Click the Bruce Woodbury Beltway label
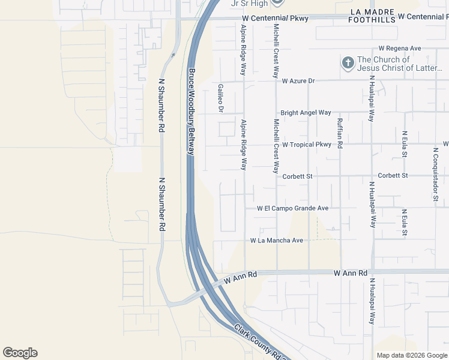(x=191, y=112)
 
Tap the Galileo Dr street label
(x=220, y=98)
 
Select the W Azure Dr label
(x=307, y=80)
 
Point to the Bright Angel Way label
(x=306, y=112)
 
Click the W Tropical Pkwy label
(x=307, y=145)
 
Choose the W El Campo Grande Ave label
(x=292, y=208)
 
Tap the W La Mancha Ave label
(x=277, y=241)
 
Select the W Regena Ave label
(x=400, y=48)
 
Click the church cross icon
(x=348, y=63)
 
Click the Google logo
(x=20, y=353)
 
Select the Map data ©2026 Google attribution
(x=411, y=355)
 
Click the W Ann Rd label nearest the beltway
(x=241, y=277)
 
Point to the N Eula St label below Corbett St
(x=405, y=222)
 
